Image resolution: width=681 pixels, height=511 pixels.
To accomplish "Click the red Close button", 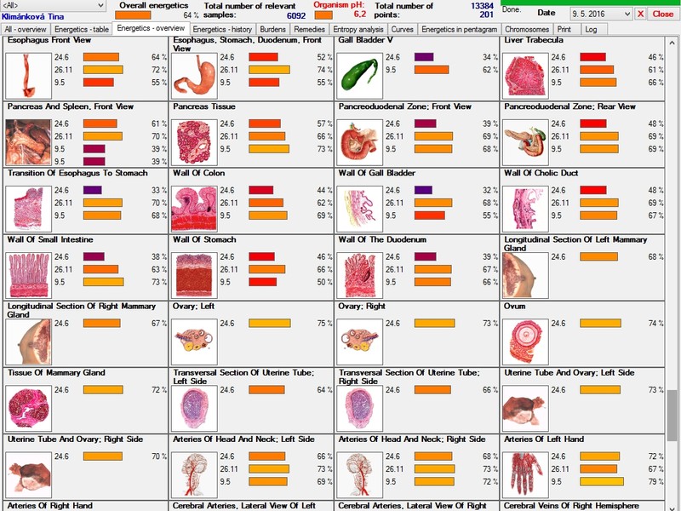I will coord(662,14).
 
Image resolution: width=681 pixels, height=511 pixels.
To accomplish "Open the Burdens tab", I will coord(272,29).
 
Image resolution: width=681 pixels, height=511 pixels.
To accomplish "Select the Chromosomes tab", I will coord(526,29).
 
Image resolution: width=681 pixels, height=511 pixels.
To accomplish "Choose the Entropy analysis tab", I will coord(358,29).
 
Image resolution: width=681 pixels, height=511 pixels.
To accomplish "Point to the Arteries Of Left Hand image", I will coord(523,468).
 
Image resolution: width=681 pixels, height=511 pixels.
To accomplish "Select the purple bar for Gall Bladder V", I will coord(423,57).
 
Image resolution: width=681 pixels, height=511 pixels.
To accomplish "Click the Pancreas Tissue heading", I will coord(204,107).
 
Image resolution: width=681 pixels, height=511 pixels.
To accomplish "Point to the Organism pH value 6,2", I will coord(359,14).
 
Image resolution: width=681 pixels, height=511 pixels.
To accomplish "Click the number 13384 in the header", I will coord(482,5).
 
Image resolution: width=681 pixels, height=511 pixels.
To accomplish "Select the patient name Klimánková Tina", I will coord(31,15).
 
